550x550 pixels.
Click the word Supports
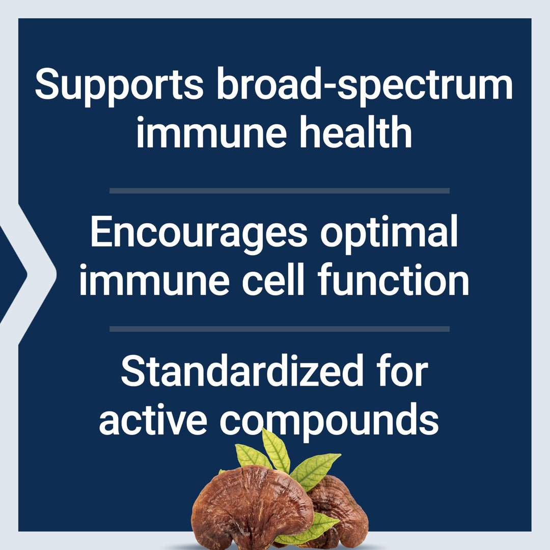[x=119, y=86]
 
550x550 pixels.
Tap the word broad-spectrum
[x=365, y=86]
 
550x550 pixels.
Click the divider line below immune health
[x=279, y=191]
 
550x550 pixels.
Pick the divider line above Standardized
[x=279, y=329]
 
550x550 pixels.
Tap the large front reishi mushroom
[x=250, y=507]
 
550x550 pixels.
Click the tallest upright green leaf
[x=276, y=449]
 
